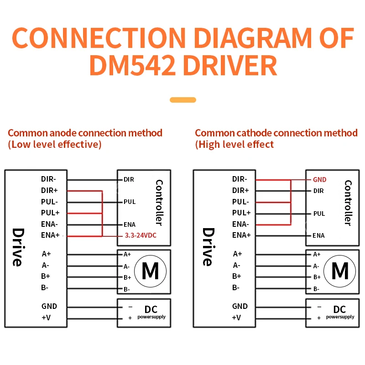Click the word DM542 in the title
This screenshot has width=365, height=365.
pos(132,65)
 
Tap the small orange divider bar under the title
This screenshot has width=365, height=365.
pos(183,100)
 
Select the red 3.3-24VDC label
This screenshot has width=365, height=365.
pos(141,235)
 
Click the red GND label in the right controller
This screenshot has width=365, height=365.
pos(320,180)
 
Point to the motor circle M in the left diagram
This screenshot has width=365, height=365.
pos(151,271)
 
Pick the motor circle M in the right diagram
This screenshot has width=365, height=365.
pos(339,271)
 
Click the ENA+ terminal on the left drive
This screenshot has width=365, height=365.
pos(50,235)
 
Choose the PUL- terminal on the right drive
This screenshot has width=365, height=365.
pos(240,202)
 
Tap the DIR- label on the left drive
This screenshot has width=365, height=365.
pos(48,179)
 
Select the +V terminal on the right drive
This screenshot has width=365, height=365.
pos(236,318)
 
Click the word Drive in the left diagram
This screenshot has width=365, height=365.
pos(18,247)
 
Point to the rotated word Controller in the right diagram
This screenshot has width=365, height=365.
pos(348,203)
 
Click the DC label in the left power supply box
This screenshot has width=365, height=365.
pos(151,309)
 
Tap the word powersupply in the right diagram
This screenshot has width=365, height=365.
pos(340,317)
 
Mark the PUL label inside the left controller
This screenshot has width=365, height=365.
pos(130,202)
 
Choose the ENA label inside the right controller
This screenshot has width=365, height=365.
pos(318,235)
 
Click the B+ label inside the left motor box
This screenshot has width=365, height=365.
pos(127,277)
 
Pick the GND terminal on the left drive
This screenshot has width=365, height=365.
pos(49,306)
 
